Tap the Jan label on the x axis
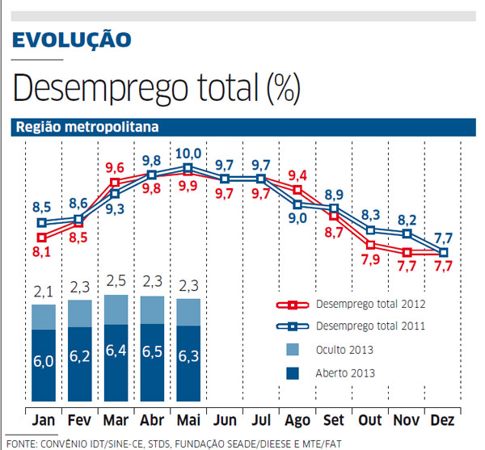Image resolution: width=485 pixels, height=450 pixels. [44, 421]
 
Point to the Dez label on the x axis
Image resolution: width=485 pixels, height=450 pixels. [444, 421]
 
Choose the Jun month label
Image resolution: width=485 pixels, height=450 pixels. [225, 421]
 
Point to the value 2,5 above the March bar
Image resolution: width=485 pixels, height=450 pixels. [116, 280]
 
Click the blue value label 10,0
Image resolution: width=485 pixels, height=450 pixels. [188, 153]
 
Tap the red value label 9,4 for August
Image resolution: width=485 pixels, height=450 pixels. [297, 175]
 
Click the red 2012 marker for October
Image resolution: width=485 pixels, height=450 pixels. [371, 244]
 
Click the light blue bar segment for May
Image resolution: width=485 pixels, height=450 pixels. [188, 312]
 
